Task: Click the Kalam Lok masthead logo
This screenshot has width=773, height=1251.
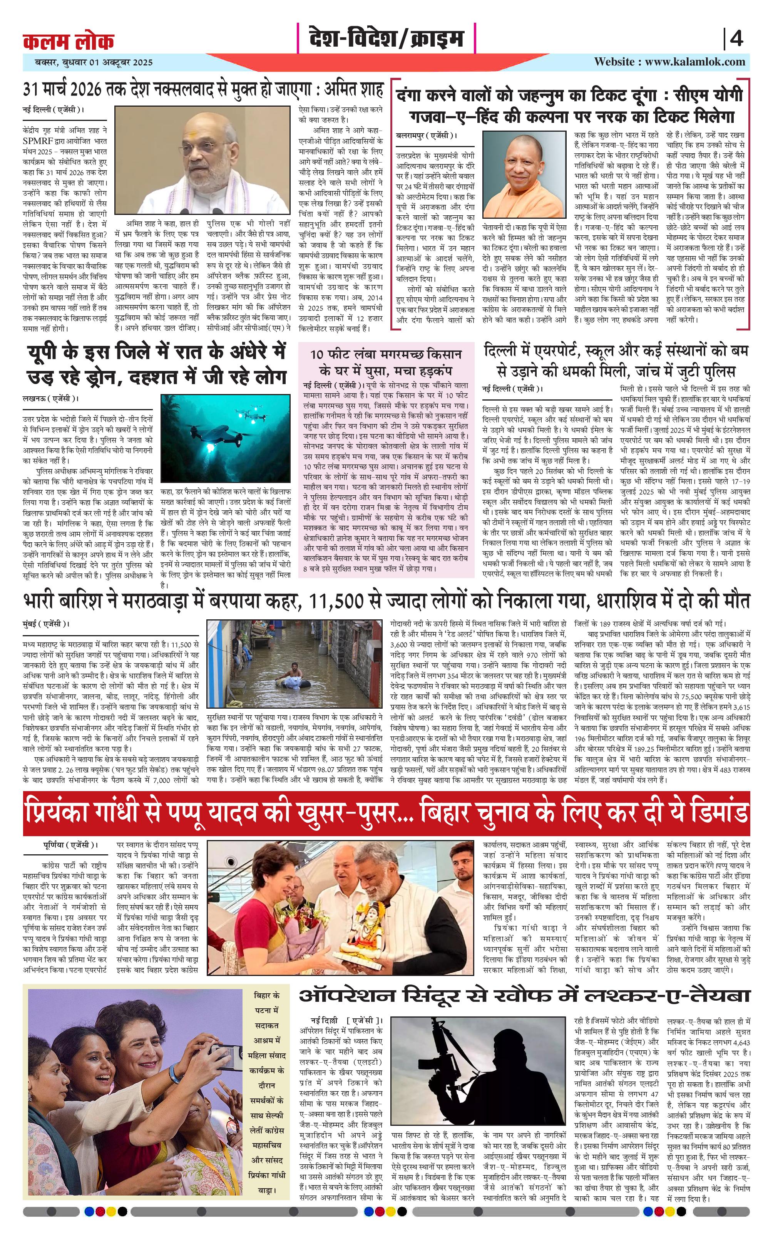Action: click(x=69, y=42)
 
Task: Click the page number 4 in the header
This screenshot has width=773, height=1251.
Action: click(x=736, y=39)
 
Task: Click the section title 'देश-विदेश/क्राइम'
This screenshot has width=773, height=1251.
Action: click(x=386, y=39)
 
